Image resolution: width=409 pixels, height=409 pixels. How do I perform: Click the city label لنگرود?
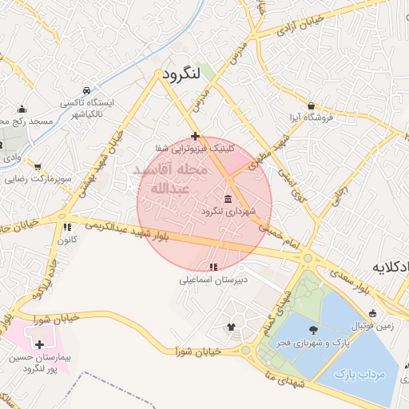point(180,75)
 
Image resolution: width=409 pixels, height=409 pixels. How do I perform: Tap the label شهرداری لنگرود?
point(228,211)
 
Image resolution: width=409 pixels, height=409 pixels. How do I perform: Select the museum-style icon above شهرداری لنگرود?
point(228,198)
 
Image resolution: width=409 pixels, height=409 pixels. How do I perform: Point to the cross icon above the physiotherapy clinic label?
point(195,136)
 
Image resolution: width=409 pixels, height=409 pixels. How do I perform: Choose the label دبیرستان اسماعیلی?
point(212,280)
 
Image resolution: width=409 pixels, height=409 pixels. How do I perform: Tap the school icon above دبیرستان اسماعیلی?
point(212,267)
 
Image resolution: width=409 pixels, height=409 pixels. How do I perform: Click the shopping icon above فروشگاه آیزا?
point(311,105)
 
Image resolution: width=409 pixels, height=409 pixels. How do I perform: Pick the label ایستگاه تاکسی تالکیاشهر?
point(87,109)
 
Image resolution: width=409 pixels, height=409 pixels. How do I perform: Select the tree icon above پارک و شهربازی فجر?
point(312,328)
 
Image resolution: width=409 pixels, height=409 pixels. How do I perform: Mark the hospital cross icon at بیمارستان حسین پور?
point(40,344)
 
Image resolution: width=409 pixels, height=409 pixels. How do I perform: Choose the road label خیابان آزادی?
point(300,25)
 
